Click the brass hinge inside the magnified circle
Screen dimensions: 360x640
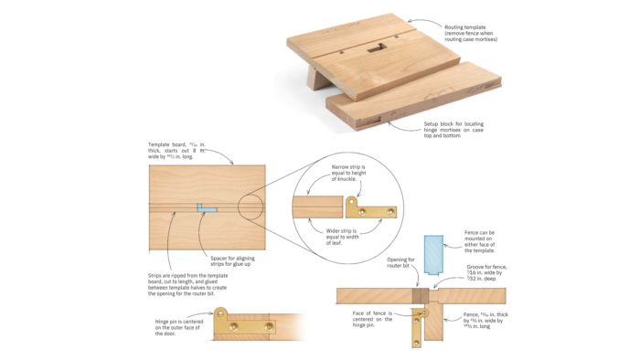point(374,210)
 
